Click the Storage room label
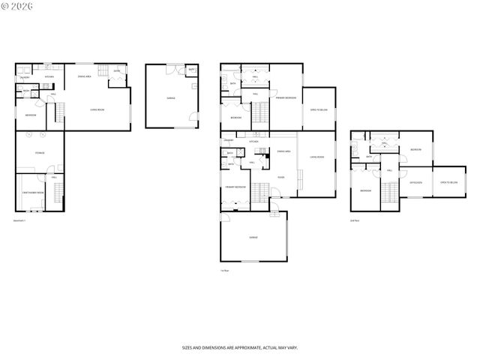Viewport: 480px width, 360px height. [40, 153]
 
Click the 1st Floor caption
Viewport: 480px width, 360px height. [224, 270]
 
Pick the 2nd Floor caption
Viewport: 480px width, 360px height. [355, 220]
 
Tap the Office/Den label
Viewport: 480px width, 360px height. [415, 182]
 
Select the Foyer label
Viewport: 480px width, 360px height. [280, 177]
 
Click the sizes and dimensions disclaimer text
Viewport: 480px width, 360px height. [239, 347]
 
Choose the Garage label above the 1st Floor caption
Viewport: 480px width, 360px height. [253, 237]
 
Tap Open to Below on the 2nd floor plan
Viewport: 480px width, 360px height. [449, 182]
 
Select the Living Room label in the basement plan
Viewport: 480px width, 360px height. [97, 110]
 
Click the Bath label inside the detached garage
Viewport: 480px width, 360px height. [191, 70]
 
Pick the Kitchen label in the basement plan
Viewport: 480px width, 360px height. [49, 76]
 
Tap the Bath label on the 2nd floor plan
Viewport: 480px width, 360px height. [368, 157]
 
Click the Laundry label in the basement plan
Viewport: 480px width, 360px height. [25, 76]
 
